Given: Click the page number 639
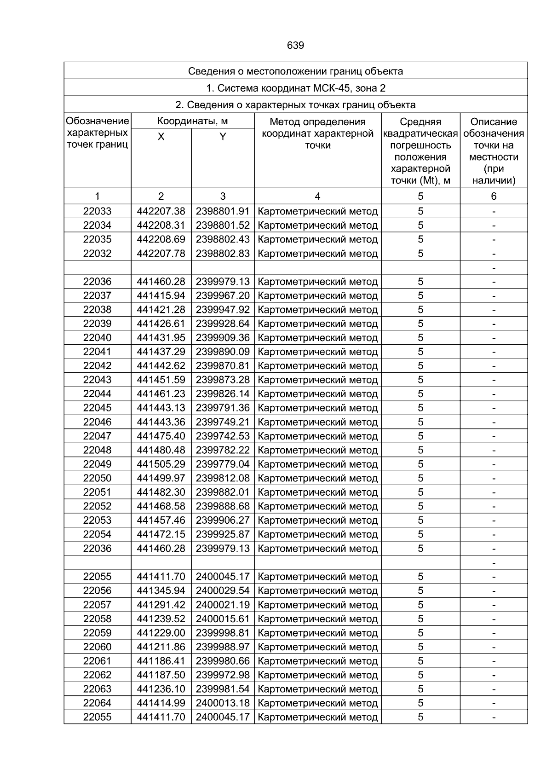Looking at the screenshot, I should [295, 46].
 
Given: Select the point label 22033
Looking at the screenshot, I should [97, 211].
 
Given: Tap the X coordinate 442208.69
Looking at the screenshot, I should [161, 239].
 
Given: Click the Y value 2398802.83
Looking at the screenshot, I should [223, 254].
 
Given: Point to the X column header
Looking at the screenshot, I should [161, 137].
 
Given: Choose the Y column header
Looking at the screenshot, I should [223, 137].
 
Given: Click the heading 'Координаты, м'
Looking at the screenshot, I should [192, 121].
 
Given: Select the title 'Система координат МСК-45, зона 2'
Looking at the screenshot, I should [295, 88].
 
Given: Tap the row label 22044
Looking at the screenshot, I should [97, 394].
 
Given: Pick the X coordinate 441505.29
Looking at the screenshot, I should [161, 464].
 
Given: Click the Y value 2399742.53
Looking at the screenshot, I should [223, 436].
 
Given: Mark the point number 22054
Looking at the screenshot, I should [97, 534].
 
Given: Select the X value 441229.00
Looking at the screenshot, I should [161, 633].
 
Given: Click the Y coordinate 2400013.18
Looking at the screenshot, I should [223, 703].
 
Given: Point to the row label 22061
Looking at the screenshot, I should [97, 661].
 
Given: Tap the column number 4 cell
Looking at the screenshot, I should [317, 197].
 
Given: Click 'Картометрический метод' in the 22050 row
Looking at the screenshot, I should [318, 478].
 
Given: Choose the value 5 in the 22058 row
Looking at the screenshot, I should [420, 619].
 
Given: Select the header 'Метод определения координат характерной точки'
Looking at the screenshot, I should [317, 133].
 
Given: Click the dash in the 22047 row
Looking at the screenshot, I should [494, 436].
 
